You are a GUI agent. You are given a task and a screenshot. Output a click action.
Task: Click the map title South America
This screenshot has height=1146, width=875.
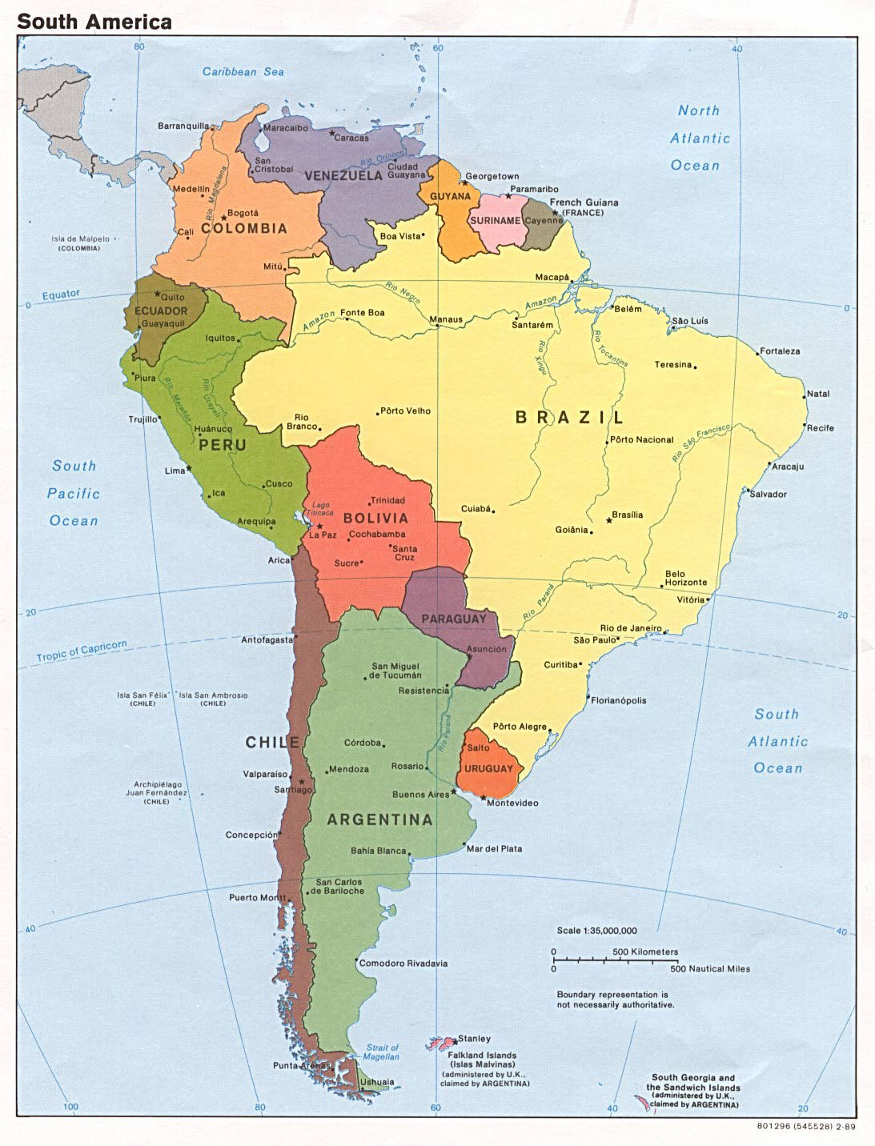pyautogui.click(x=94, y=22)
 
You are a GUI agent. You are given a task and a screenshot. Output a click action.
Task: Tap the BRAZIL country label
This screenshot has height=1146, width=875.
pyautogui.click(x=569, y=417)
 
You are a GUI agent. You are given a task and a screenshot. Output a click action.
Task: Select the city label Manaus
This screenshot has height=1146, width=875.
pyautogui.click(x=446, y=319)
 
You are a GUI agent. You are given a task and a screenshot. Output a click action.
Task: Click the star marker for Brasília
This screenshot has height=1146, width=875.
pyautogui.click(x=609, y=521)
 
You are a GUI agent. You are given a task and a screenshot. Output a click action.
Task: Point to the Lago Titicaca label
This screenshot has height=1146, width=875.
pyautogui.click(x=321, y=508)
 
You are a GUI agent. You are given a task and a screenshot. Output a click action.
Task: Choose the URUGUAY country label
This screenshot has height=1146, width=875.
pyautogui.click(x=488, y=768)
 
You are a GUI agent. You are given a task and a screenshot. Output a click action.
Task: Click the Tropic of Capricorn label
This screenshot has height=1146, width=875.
pyautogui.click(x=82, y=651)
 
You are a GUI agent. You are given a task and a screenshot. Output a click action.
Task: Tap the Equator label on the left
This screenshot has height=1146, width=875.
pyautogui.click(x=61, y=295)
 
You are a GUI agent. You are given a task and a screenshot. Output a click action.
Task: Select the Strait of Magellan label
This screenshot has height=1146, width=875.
pyautogui.click(x=382, y=1052)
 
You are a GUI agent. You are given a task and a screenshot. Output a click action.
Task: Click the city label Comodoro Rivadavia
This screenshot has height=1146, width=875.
pyautogui.click(x=403, y=964)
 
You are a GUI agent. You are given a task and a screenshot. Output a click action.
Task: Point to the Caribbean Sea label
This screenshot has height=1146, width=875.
pyautogui.click(x=243, y=71)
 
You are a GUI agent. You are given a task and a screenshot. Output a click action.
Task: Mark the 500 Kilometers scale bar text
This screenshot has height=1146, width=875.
pyautogui.click(x=645, y=952)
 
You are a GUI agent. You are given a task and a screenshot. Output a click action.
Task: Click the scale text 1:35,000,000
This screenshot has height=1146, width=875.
pyautogui.click(x=597, y=931)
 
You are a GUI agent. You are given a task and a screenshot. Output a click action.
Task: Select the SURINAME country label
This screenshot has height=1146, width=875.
pyautogui.click(x=496, y=220)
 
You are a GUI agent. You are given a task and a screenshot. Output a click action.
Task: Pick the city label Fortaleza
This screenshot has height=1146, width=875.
pyautogui.click(x=780, y=351)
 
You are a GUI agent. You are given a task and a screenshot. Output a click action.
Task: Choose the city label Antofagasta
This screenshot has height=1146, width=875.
pyautogui.click(x=267, y=639)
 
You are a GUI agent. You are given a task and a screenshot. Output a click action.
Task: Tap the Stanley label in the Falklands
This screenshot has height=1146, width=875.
pyautogui.click(x=474, y=1039)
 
